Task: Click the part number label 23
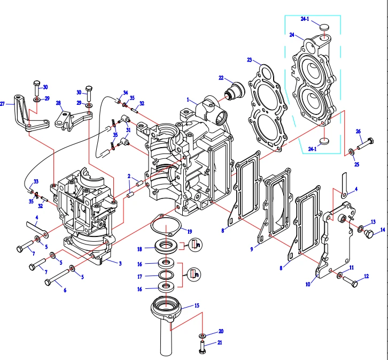coord(250,59)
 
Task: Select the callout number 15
coord(196,305)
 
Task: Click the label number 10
coord(308,285)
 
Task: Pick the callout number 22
coord(221,78)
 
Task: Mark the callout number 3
coord(120,263)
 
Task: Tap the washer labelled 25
coord(351,153)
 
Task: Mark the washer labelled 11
coord(339,275)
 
